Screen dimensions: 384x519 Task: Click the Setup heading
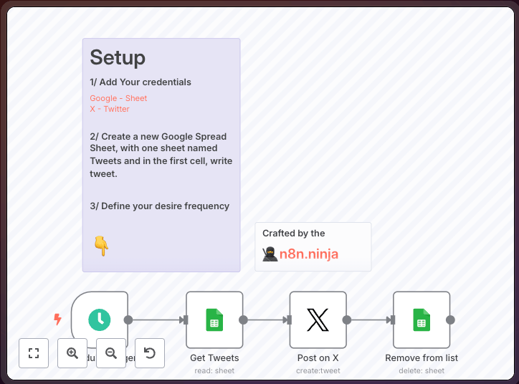point(118,57)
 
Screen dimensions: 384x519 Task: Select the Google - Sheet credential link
point(118,98)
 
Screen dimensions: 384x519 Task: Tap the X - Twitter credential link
point(110,109)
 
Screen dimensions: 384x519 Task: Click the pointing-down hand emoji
point(101,246)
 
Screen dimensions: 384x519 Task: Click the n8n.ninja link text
point(309,254)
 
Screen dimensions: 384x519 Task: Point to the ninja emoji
point(270,254)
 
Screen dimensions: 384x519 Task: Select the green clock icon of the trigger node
point(100,320)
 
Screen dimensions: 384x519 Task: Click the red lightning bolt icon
point(58,320)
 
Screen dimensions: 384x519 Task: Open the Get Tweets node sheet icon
point(214,320)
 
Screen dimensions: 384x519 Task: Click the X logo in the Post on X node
point(318,320)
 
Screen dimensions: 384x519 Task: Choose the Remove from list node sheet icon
point(422,320)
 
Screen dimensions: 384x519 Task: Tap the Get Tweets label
point(214,357)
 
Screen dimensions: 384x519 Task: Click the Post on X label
point(318,357)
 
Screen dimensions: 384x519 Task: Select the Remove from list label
point(422,357)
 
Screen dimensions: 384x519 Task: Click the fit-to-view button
point(34,353)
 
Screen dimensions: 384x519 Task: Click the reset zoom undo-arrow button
point(150,353)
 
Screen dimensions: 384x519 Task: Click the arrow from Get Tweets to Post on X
point(266,320)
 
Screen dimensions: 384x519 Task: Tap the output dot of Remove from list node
point(450,320)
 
